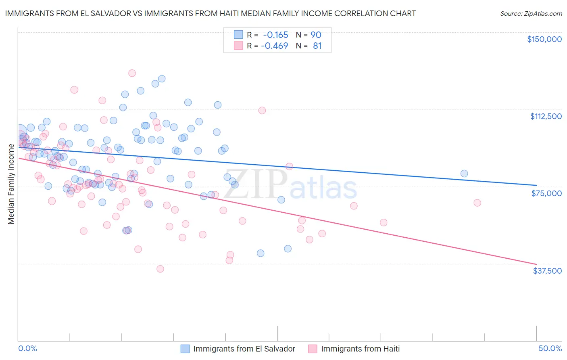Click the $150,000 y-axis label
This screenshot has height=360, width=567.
[544, 39]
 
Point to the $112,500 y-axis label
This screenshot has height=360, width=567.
[546, 116]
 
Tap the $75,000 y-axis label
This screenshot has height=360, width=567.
[546, 193]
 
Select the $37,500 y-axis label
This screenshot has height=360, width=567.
[547, 270]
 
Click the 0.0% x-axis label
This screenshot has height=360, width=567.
[27, 348]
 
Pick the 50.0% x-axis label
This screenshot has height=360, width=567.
[550, 348]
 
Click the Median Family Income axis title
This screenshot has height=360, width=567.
[11, 184]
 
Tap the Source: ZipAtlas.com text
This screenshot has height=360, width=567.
[531, 13]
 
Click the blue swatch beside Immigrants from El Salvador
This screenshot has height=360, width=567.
[185, 349]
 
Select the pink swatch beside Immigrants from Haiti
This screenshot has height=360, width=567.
[313, 349]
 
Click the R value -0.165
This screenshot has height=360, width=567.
[276, 35]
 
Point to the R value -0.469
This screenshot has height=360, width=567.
[275, 46]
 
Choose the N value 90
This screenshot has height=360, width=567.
[316, 35]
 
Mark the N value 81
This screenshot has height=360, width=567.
[317, 46]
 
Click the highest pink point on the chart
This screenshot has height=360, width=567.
[132, 73]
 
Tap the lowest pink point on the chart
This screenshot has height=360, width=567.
[160, 269]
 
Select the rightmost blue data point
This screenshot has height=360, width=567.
[464, 174]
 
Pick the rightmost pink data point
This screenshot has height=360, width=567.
[477, 203]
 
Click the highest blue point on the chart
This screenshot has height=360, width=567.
[162, 79]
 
